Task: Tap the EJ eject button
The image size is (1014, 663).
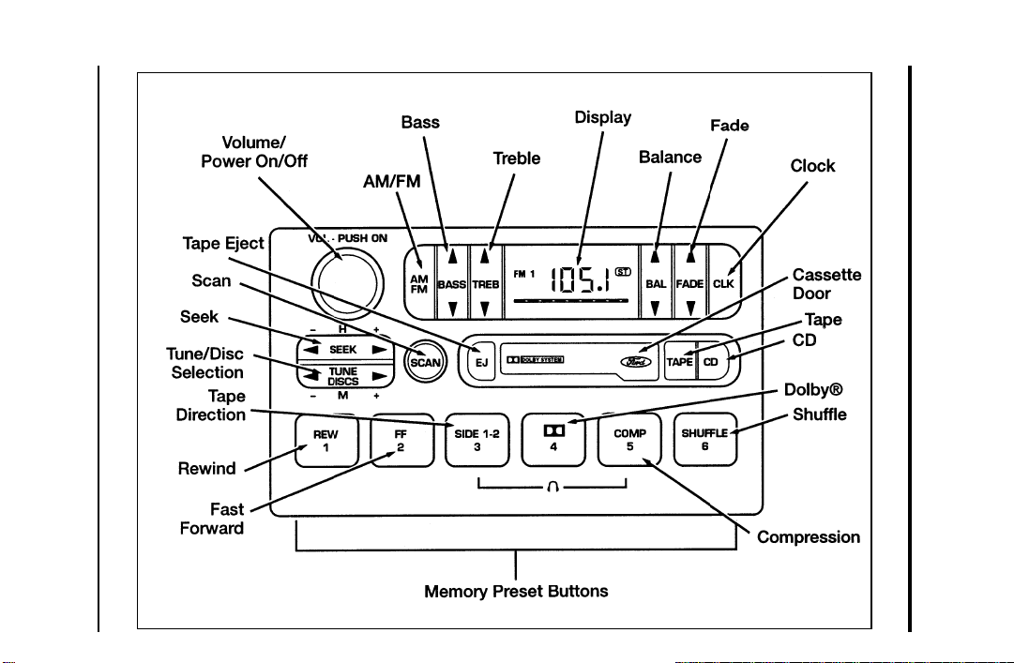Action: (x=481, y=362)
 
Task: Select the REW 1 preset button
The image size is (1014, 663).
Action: (x=325, y=440)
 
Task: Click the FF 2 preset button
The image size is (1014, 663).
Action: (x=401, y=440)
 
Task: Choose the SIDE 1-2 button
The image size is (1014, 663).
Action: (x=477, y=440)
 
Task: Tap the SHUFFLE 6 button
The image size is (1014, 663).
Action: (x=705, y=440)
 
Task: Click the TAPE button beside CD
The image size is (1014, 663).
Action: (x=680, y=362)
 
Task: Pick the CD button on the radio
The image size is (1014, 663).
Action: (x=711, y=362)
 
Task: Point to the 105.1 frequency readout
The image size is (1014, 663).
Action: (x=580, y=279)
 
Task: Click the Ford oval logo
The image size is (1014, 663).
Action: (x=636, y=362)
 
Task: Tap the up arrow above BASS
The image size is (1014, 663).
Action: (x=453, y=257)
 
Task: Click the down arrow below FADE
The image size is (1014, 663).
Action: (x=690, y=308)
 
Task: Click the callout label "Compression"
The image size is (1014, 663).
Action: (x=809, y=537)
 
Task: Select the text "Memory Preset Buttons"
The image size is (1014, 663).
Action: (x=516, y=592)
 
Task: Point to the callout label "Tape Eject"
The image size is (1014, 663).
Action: (x=223, y=244)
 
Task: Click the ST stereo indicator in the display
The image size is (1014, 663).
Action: (x=623, y=272)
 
